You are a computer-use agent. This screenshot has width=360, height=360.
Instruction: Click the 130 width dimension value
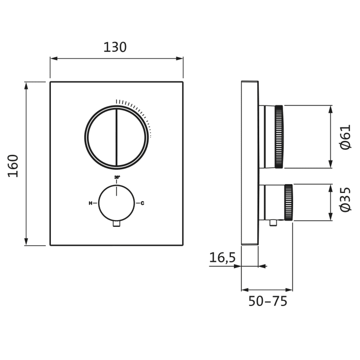point(115,47)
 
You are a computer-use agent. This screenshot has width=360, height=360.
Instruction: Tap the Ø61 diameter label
point(345,137)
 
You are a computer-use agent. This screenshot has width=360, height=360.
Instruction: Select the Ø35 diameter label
point(345,200)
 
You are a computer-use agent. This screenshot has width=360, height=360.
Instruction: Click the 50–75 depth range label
point(267,301)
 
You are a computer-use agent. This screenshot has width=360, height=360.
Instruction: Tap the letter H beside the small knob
point(91,204)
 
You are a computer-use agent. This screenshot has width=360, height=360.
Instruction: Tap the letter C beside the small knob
point(142,204)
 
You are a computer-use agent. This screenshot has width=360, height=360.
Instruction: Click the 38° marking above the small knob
point(117,177)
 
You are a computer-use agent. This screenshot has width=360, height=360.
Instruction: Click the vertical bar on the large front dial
point(117,137)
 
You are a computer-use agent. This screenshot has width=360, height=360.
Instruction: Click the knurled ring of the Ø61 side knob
point(279,137)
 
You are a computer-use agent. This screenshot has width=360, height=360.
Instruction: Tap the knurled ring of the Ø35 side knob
point(289,202)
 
